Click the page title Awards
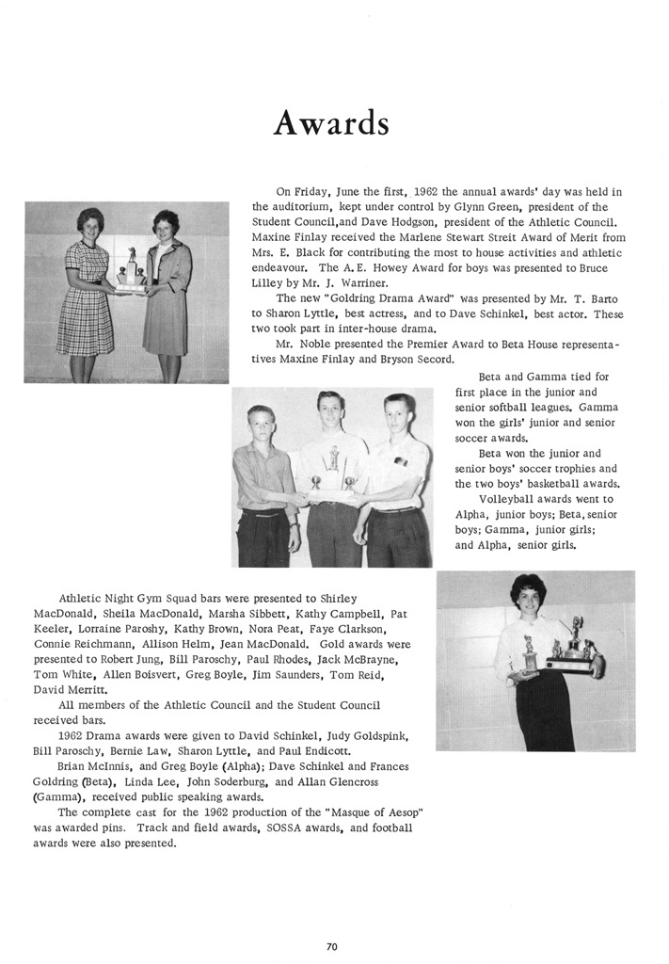click(x=330, y=121)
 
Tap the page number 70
click(x=331, y=946)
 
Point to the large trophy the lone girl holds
click(x=572, y=649)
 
